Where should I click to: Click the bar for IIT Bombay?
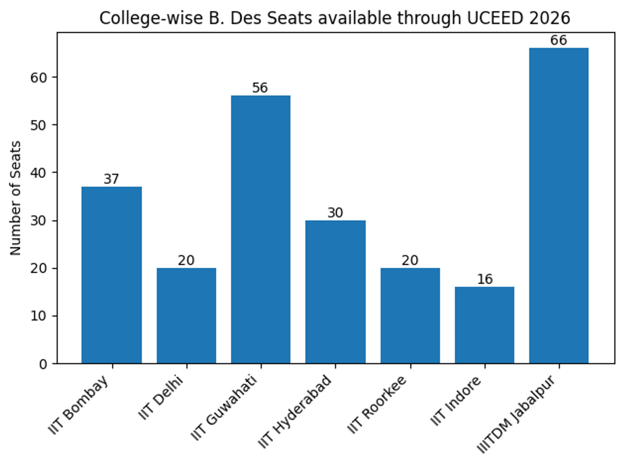tap(111, 275)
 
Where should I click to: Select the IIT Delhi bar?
tap(186, 316)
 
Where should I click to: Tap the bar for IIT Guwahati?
tap(261, 229)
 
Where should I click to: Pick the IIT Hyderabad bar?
tap(335, 292)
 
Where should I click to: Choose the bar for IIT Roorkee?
tap(410, 316)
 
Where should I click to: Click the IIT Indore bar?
tap(484, 325)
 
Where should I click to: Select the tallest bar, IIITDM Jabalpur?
tap(558, 206)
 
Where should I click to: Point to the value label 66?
tap(558, 41)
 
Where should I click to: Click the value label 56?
tap(260, 88)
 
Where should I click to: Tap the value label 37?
tap(111, 179)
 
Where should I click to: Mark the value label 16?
tap(484, 280)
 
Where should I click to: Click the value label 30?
tap(335, 213)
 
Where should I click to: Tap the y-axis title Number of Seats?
tap(16, 198)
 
